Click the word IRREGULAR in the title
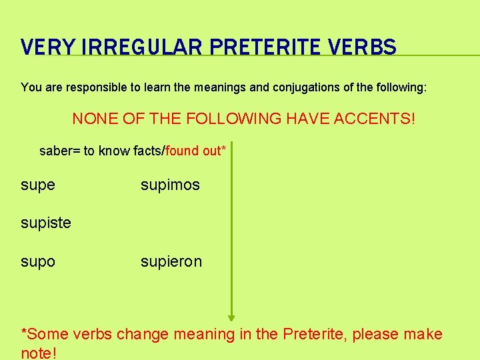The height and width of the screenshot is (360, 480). coord(127,47)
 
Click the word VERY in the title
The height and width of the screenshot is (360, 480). coord(45,47)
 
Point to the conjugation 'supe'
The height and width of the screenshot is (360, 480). coord(38,185)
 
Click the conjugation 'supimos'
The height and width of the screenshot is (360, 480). coord(170,185)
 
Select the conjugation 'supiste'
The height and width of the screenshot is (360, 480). coord(46,223)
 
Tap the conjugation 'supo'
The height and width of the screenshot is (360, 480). coord(38,262)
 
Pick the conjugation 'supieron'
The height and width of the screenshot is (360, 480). coord(171,261)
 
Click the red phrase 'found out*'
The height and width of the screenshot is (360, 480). coord(196,151)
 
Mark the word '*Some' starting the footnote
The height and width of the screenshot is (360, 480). coord(42,334)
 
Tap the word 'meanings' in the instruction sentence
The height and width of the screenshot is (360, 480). coord(224,87)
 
